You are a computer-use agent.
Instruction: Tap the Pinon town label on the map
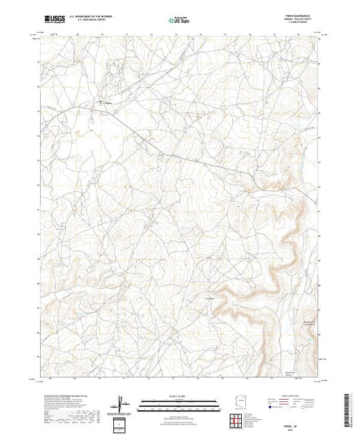tap(107, 103)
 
